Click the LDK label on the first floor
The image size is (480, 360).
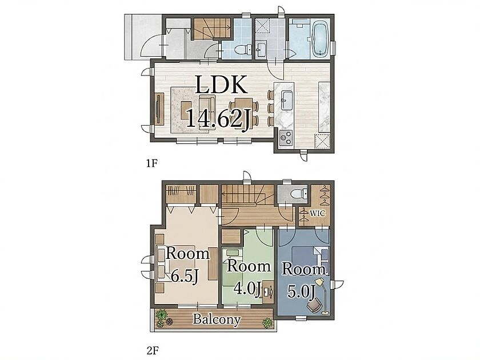[x=221, y=85]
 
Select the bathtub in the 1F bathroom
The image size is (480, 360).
[x=320, y=39]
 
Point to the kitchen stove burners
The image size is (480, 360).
[x=286, y=137]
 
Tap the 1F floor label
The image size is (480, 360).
[x=151, y=163]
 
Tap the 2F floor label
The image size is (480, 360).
[x=153, y=350]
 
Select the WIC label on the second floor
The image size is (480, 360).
[x=318, y=213]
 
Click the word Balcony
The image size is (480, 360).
[x=217, y=319]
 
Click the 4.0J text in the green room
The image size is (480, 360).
[x=247, y=289]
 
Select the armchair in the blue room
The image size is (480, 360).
[x=314, y=305]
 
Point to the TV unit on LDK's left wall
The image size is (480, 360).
[x=159, y=109]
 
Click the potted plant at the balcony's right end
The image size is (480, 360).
[x=267, y=323]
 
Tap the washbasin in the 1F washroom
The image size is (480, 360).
[x=261, y=50]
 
